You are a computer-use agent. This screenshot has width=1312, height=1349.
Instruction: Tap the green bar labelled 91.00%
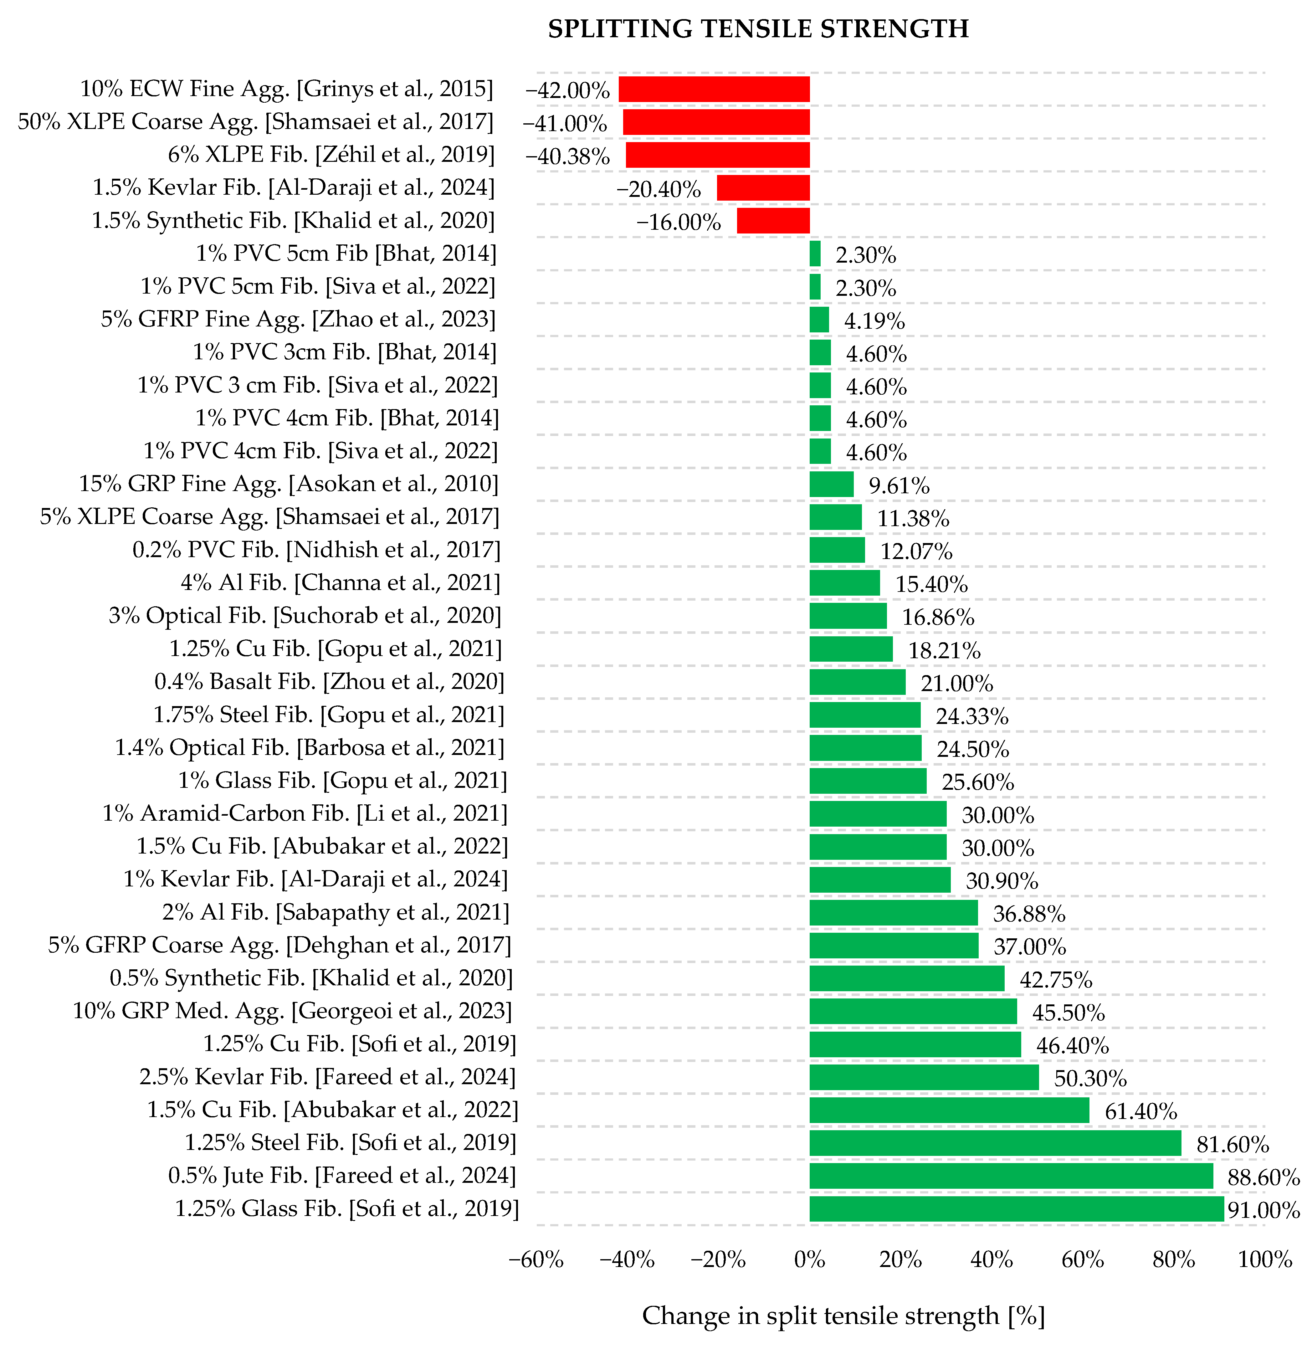pyautogui.click(x=1016, y=1208)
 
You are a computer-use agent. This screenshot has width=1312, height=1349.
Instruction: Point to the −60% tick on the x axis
pyautogui.click(x=536, y=1259)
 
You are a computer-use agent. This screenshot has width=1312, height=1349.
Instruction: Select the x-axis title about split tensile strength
pyautogui.click(x=843, y=1316)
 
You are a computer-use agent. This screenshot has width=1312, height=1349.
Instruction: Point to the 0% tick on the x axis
pyautogui.click(x=810, y=1259)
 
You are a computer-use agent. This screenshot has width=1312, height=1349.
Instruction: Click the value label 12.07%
pyautogui.click(x=916, y=551)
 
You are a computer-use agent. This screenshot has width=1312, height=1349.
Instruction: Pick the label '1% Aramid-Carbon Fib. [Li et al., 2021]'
pyautogui.click(x=305, y=814)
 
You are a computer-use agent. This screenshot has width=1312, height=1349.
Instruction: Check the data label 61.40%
pyautogui.click(x=1141, y=1111)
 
